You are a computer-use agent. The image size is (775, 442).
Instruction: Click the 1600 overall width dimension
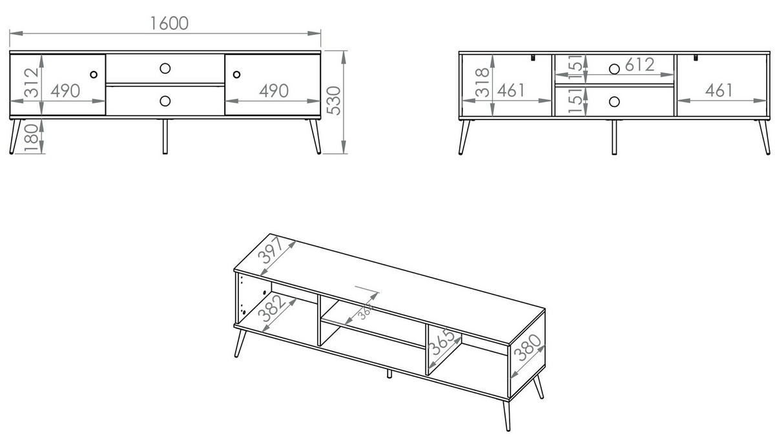coord(169,23)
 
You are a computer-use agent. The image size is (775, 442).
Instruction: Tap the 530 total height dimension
coord(334,101)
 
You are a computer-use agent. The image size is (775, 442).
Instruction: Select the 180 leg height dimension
coord(32,138)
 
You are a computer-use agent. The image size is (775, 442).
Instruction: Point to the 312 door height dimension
coord(32,83)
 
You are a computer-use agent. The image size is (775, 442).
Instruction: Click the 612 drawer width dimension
coord(640,65)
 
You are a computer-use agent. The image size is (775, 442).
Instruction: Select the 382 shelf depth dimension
coord(272,309)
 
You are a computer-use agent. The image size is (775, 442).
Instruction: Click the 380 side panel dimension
coord(527,348)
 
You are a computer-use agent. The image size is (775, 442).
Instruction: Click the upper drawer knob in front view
coord(165,68)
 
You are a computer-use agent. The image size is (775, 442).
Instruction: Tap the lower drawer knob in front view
coord(165,101)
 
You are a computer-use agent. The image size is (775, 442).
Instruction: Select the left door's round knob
coord(94,74)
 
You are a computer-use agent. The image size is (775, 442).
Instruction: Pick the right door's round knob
coord(236,74)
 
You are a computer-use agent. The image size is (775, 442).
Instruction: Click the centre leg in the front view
coord(165,137)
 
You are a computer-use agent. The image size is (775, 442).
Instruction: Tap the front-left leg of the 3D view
coord(240,343)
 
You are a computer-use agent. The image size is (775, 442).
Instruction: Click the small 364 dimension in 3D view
coord(365,312)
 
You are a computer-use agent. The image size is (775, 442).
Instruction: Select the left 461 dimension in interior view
coord(511,90)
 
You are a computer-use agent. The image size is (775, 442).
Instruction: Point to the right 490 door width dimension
coord(274,91)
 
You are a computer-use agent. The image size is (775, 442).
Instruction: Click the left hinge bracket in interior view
coord(533,57)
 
